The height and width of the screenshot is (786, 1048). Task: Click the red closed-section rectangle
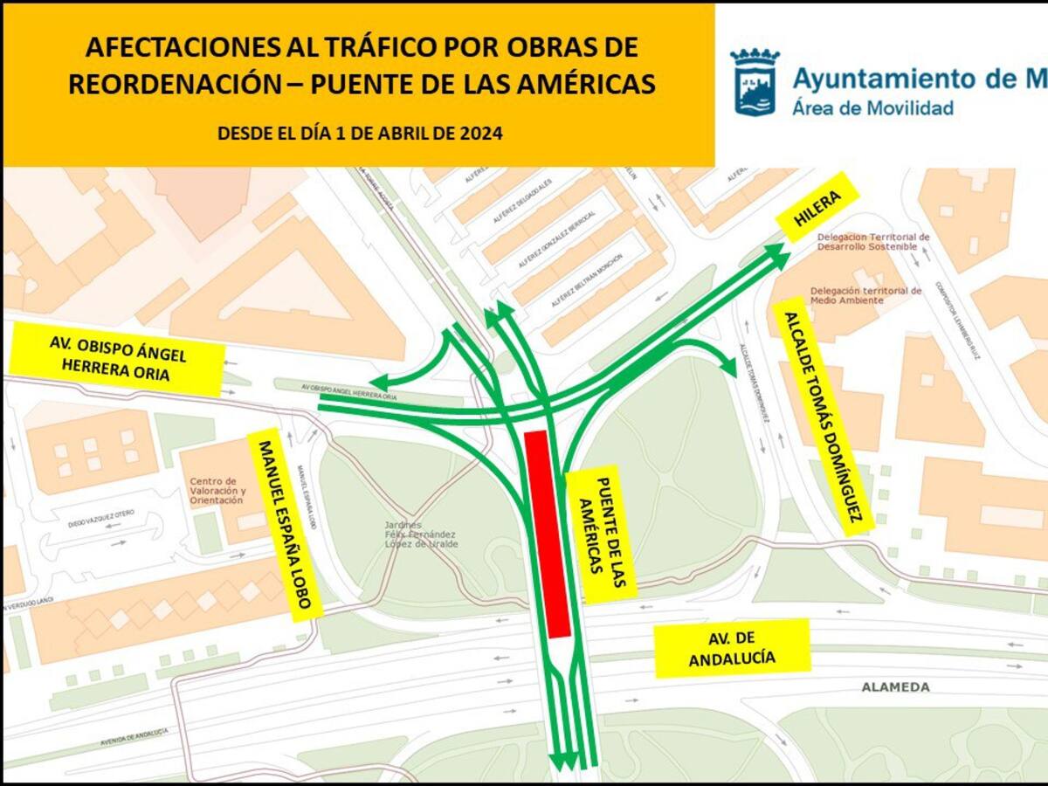(548, 533)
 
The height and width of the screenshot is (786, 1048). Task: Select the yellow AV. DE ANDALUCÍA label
(732, 648)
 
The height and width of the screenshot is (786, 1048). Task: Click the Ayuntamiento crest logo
(755, 82)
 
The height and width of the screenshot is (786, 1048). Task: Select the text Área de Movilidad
(872, 108)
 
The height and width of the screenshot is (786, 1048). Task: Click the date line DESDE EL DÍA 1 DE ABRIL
(360, 134)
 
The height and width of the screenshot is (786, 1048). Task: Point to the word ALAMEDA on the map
(896, 687)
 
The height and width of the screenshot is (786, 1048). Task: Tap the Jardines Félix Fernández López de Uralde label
(421, 534)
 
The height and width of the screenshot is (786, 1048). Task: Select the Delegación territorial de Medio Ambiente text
(865, 295)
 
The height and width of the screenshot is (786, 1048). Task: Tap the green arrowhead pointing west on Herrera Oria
(378, 383)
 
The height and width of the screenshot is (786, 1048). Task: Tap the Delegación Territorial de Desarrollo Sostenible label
(873, 241)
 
